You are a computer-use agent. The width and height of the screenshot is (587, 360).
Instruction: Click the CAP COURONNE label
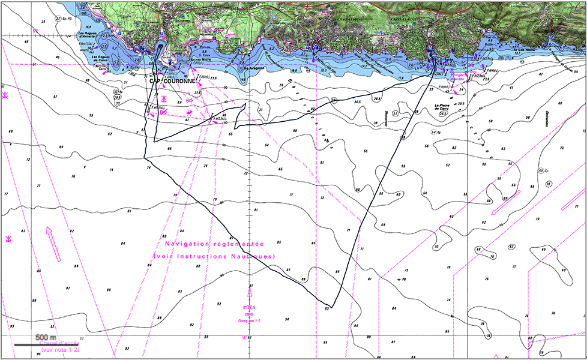pyautogui.click(x=172, y=80)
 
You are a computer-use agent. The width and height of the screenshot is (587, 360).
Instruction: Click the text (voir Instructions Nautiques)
pyautogui.click(x=214, y=256)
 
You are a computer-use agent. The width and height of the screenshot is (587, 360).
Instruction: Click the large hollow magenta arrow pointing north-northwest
pyautogui.click(x=54, y=244)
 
